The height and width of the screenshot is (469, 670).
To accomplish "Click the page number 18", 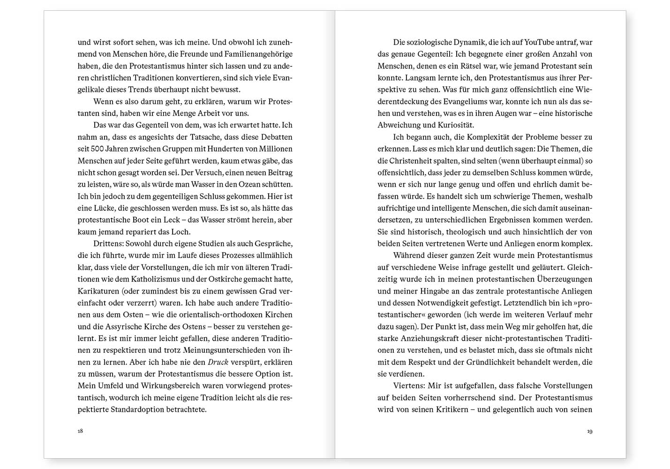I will coord(80,431).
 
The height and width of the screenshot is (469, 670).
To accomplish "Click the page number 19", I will coord(589,431).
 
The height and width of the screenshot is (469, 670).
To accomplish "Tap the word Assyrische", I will coord(118,326).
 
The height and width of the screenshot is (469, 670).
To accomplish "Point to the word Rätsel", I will coord(471,66).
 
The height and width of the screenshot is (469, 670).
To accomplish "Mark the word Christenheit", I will coord(411,161).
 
